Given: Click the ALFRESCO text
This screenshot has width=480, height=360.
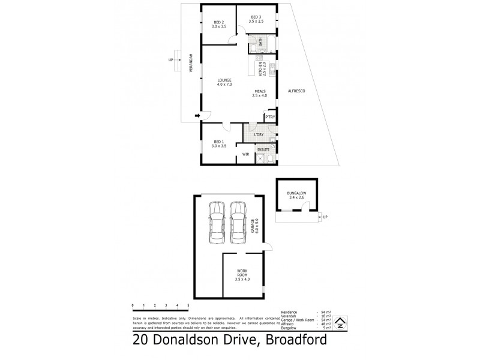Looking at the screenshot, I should click(x=298, y=91).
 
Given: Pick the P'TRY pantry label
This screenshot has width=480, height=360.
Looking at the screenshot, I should click(x=270, y=117).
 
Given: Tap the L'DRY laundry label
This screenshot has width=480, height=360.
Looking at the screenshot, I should click(x=259, y=134).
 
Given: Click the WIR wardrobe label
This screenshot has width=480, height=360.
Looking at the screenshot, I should click(x=245, y=155).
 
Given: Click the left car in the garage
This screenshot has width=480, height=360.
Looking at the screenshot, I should click(x=216, y=222).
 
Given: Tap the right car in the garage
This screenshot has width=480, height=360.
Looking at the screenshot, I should click(x=238, y=222).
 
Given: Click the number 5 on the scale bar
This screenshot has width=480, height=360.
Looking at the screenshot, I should click(x=188, y=305).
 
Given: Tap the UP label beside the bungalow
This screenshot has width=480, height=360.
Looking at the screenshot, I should click(x=325, y=217).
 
